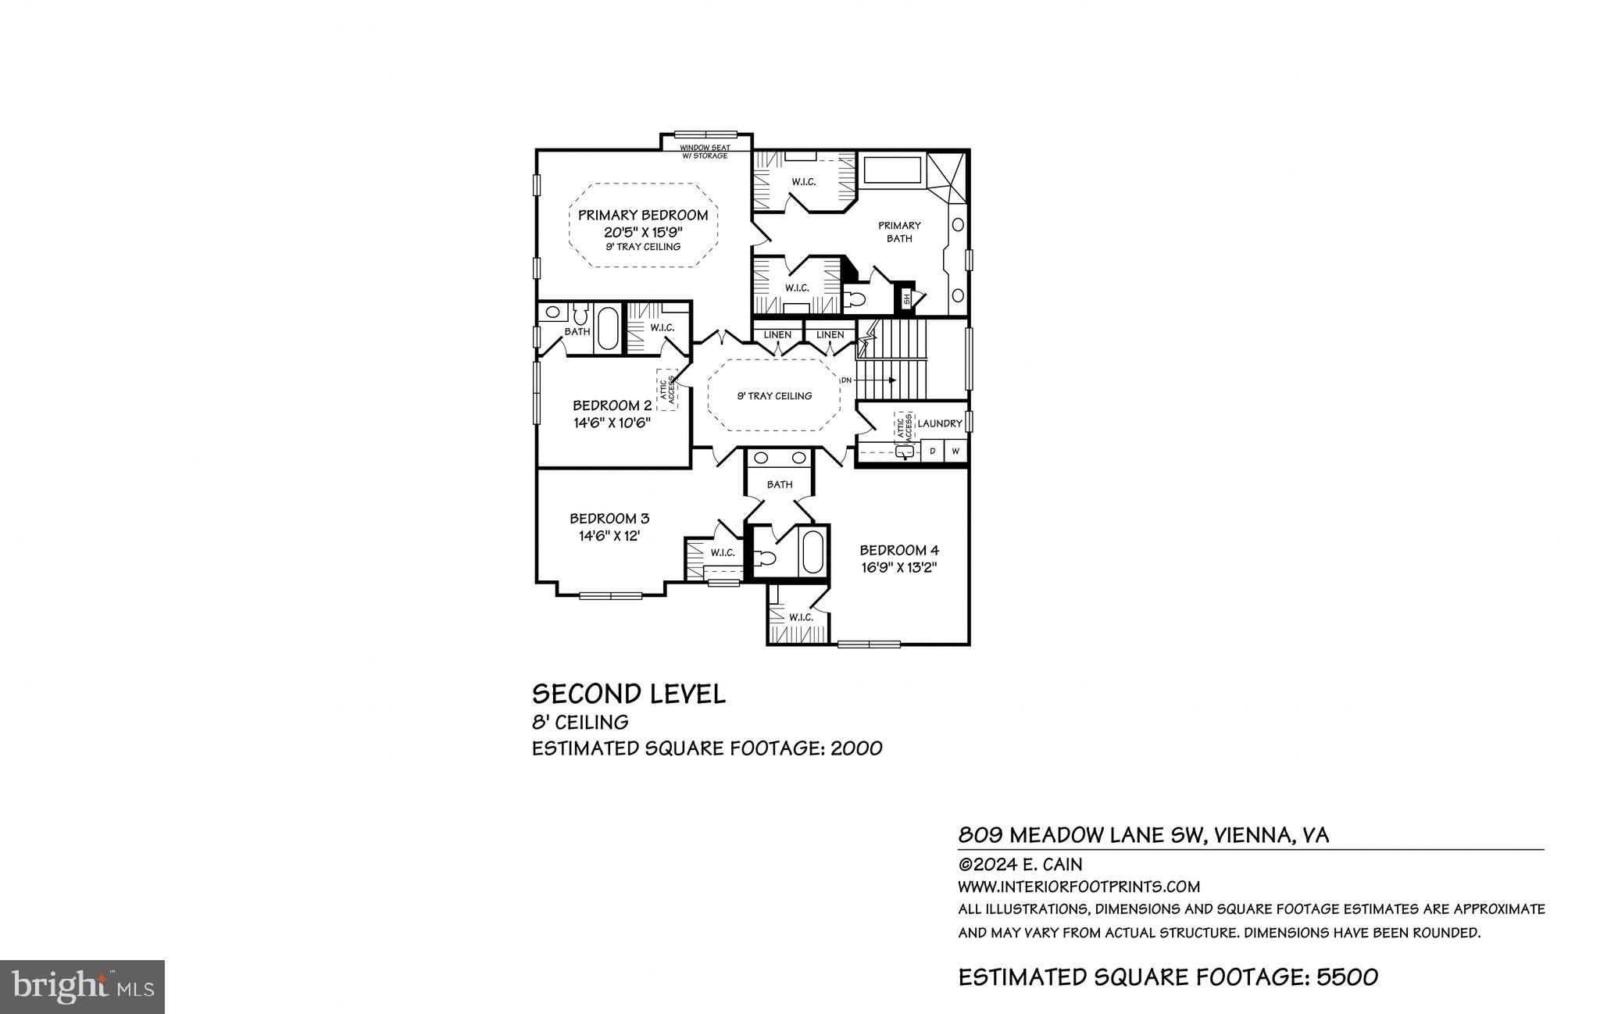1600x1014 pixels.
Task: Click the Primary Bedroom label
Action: pyautogui.click(x=643, y=216)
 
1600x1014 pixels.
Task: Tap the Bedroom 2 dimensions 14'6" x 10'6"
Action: pyautogui.click(x=612, y=423)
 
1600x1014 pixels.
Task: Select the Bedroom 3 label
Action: pyautogui.click(x=609, y=519)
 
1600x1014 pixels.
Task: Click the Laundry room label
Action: pyautogui.click(x=939, y=423)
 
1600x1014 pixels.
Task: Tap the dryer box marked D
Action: pyautogui.click(x=932, y=452)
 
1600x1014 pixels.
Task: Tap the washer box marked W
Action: pyautogui.click(x=955, y=452)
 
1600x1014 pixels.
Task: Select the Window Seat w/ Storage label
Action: pyautogui.click(x=704, y=152)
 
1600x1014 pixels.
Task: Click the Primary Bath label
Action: pyautogui.click(x=899, y=232)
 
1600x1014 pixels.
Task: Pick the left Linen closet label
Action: pyautogui.click(x=777, y=335)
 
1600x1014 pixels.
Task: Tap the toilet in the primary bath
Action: pyautogui.click(x=856, y=299)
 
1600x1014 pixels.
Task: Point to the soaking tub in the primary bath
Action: pyautogui.click(x=892, y=170)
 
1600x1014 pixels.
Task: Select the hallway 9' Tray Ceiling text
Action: pyautogui.click(x=774, y=396)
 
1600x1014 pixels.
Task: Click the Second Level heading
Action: pyautogui.click(x=628, y=694)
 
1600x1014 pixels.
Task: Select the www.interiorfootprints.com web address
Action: pyautogui.click(x=1078, y=887)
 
